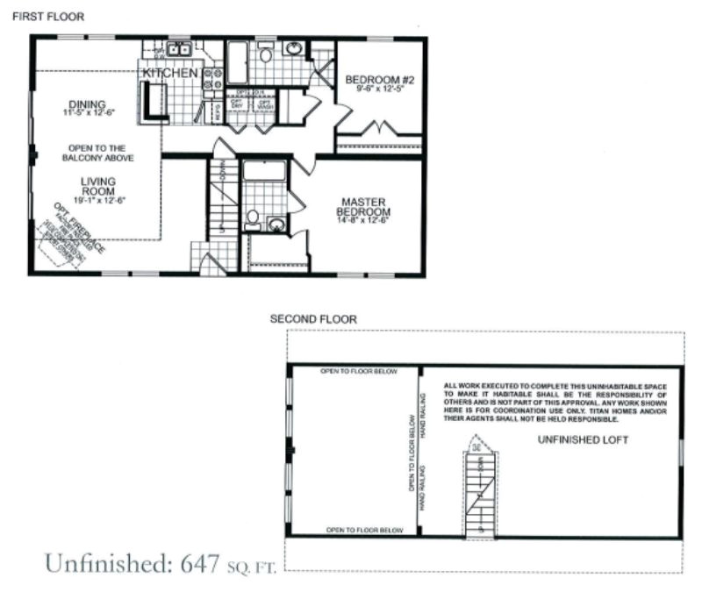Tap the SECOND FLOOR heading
point(313,320)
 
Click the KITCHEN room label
point(170,74)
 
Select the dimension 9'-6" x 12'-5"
point(380,89)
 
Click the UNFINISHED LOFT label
point(583,440)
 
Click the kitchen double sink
point(182,50)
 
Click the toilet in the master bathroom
point(252,217)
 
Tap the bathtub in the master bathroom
point(264,170)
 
